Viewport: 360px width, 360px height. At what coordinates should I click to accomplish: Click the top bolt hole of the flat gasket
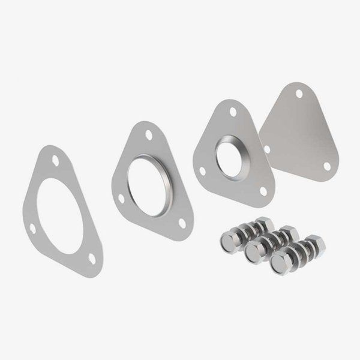point(55,161)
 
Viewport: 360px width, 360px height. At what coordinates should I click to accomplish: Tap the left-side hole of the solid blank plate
point(268,148)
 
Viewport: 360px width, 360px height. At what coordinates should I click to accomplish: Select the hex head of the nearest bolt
point(279,263)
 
